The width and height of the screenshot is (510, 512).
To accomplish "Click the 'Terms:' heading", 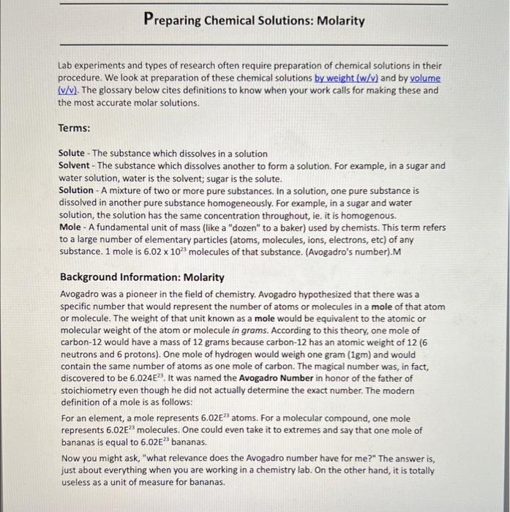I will coord(74,128).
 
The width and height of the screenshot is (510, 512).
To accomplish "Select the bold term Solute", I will coord(71,154).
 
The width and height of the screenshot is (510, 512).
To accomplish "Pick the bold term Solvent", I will coord(74,165).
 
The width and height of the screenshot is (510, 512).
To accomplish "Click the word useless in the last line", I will coord(75,483).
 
